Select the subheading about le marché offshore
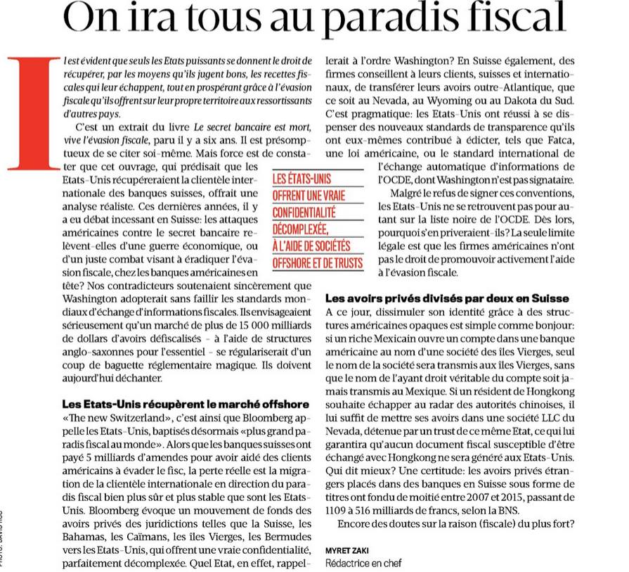point(175,405)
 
